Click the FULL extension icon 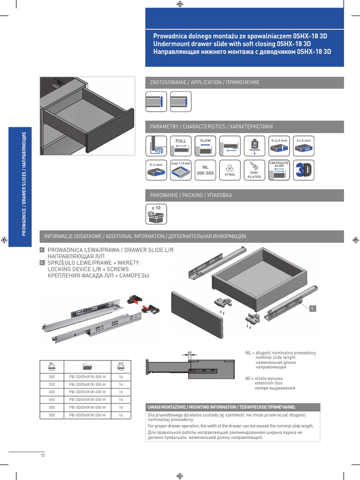click(x=181, y=146)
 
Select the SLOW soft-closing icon click(x=205, y=146)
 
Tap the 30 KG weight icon click(x=254, y=146)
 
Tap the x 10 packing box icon click(x=156, y=214)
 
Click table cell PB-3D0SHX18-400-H click(x=87, y=392)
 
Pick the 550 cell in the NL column click(x=52, y=415)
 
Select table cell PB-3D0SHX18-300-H click(x=87, y=376)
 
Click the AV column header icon click(x=120, y=365)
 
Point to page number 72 click(x=43, y=455)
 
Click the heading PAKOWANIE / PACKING click(x=191, y=195)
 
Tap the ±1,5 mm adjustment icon click(x=304, y=146)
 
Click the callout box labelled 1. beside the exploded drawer click(x=313, y=308)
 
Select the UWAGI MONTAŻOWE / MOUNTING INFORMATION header click(x=222, y=407)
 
